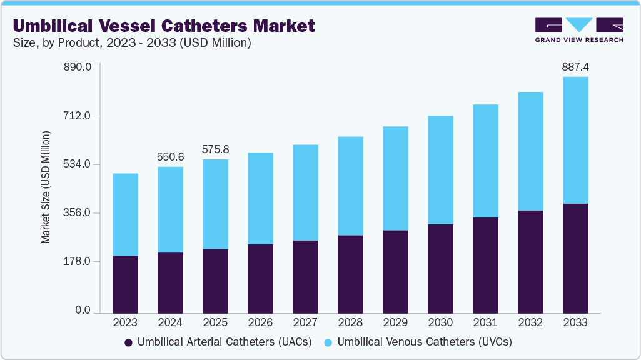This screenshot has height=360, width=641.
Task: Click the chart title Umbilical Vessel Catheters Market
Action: point(163,26)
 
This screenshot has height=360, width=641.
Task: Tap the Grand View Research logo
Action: point(578,29)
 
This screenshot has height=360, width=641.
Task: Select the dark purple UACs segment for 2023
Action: point(125,284)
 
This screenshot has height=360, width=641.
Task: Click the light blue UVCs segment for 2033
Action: point(575,140)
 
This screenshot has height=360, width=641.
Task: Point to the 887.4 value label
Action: point(575,66)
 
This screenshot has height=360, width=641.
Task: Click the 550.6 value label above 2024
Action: point(170,156)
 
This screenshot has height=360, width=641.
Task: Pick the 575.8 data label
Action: point(215,149)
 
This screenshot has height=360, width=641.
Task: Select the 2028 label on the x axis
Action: point(350,322)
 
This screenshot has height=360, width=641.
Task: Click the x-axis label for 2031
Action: point(485,322)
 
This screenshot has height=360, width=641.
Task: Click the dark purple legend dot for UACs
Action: point(129,342)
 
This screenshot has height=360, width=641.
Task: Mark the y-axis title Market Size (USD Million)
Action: point(46,187)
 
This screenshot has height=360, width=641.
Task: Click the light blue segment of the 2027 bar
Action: point(305,192)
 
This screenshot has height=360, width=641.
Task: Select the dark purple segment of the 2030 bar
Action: point(440,269)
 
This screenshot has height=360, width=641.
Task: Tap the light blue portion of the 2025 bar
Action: point(215,204)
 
